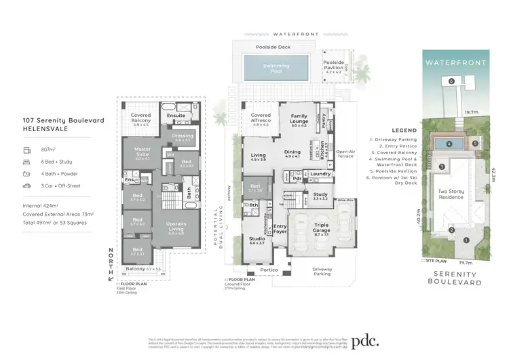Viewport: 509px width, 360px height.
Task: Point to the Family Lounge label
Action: pos(299,122)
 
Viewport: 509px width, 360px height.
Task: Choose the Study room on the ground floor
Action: pos(320,198)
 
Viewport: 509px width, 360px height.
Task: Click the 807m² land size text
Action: pos(39,151)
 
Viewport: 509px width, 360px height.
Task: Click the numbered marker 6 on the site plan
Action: pos(451,80)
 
